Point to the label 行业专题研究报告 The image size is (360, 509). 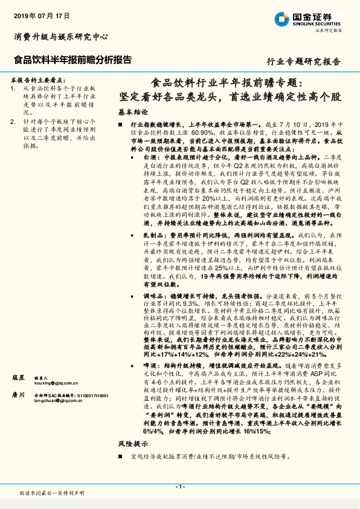pos(303,62)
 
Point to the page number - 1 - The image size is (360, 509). pos(179,487)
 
